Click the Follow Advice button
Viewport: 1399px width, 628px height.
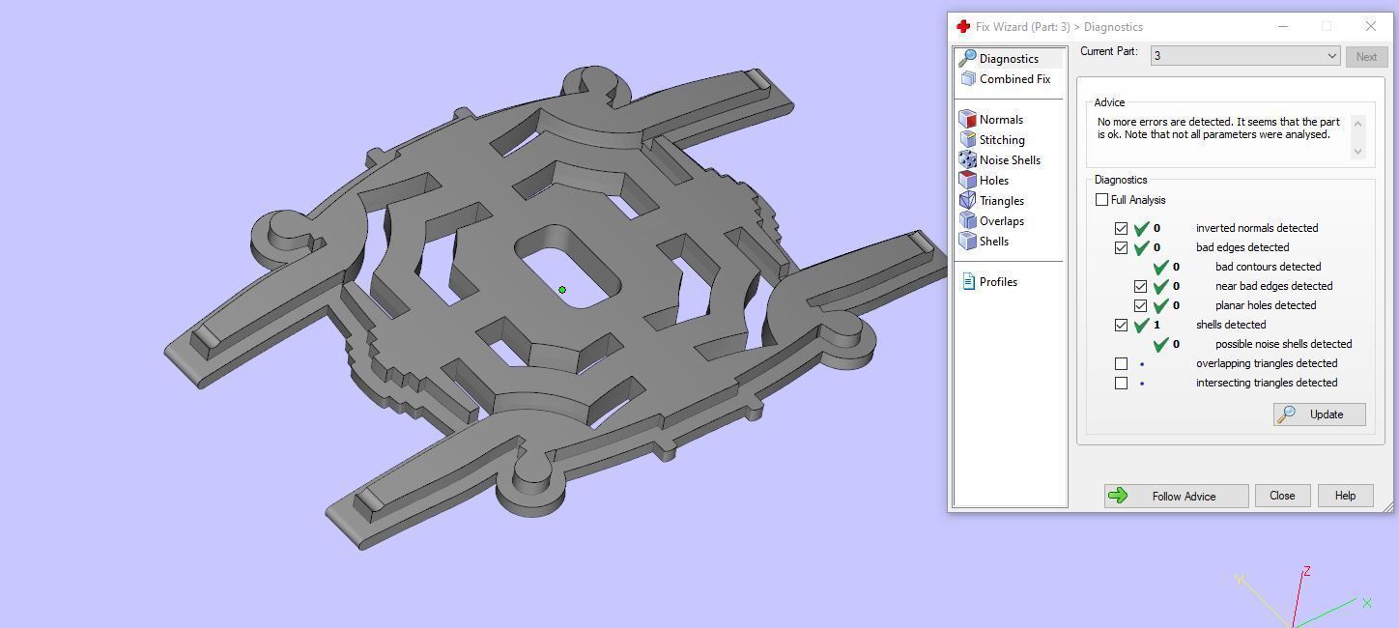(x=1176, y=496)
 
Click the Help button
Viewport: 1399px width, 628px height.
(x=1345, y=496)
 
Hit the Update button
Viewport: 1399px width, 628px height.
(x=1319, y=414)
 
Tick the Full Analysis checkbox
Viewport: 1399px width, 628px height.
(x=1102, y=200)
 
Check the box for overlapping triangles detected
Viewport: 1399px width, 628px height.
(x=1121, y=364)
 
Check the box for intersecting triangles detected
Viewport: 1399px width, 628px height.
(x=1121, y=384)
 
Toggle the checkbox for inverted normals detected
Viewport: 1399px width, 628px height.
(x=1121, y=229)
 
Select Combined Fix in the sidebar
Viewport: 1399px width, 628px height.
(x=1014, y=79)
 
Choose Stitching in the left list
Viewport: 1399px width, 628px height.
(x=1001, y=140)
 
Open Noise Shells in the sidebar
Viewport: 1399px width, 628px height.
(x=1009, y=160)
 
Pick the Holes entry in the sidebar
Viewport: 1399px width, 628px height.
(x=993, y=181)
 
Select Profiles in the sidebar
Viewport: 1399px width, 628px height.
(x=997, y=282)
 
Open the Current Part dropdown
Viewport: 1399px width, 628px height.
(x=1244, y=56)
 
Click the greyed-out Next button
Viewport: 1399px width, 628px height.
(x=1366, y=56)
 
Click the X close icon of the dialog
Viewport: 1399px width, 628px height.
(x=1370, y=26)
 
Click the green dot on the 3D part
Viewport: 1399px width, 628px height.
(x=562, y=289)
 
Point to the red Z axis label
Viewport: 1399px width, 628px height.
(x=1306, y=572)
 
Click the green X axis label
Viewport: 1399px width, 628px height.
(x=1367, y=603)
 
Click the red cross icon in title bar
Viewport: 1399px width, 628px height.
(x=962, y=26)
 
